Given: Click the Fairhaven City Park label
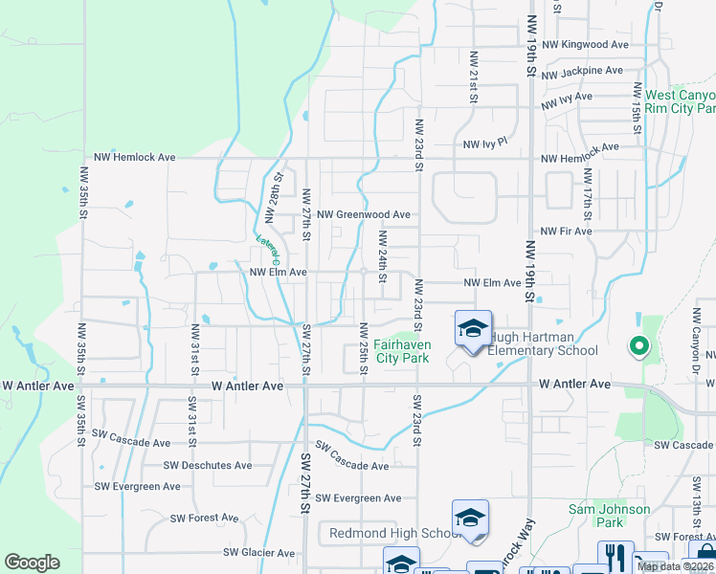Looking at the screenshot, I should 402,350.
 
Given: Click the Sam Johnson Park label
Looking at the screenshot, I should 609,516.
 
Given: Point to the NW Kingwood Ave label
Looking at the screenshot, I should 584,45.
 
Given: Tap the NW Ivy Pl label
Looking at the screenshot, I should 484,143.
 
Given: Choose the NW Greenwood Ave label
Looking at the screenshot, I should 364,215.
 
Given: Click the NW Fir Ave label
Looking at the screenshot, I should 566,232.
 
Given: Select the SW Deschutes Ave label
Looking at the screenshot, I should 207,466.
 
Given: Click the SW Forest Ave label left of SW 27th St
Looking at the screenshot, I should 204,518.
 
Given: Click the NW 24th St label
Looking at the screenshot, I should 382,256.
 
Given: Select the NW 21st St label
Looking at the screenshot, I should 473,77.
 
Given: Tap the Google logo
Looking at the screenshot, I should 32,563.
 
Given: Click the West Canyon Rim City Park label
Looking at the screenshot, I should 680,102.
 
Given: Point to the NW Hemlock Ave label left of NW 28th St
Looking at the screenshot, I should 134,157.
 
